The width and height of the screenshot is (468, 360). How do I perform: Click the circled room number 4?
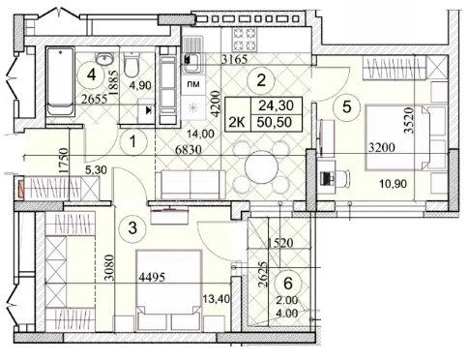tap(92, 75)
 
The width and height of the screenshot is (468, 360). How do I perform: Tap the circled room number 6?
tap(288, 283)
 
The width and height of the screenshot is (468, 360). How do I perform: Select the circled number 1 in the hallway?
tap(132, 141)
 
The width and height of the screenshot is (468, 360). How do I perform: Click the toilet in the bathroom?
tap(132, 64)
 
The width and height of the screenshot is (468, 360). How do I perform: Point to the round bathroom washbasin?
tap(104, 58)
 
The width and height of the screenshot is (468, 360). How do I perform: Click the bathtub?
tap(61, 81)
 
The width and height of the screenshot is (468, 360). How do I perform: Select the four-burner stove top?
tap(245, 40)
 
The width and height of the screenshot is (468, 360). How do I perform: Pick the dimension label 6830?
tap(189, 149)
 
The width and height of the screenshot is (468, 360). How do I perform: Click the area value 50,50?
tap(275, 122)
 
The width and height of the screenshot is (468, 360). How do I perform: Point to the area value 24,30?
tap(277, 105)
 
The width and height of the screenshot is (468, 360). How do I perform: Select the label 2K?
tap(238, 123)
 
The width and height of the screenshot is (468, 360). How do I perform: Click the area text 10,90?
tap(394, 184)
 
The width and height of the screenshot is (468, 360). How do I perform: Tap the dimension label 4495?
tap(152, 277)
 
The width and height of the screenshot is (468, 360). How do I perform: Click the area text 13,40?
tap(217, 299)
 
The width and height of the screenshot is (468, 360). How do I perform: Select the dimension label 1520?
tap(280, 243)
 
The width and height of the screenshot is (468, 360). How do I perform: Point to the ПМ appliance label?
tap(193, 84)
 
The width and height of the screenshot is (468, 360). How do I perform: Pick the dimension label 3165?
tap(235, 59)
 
